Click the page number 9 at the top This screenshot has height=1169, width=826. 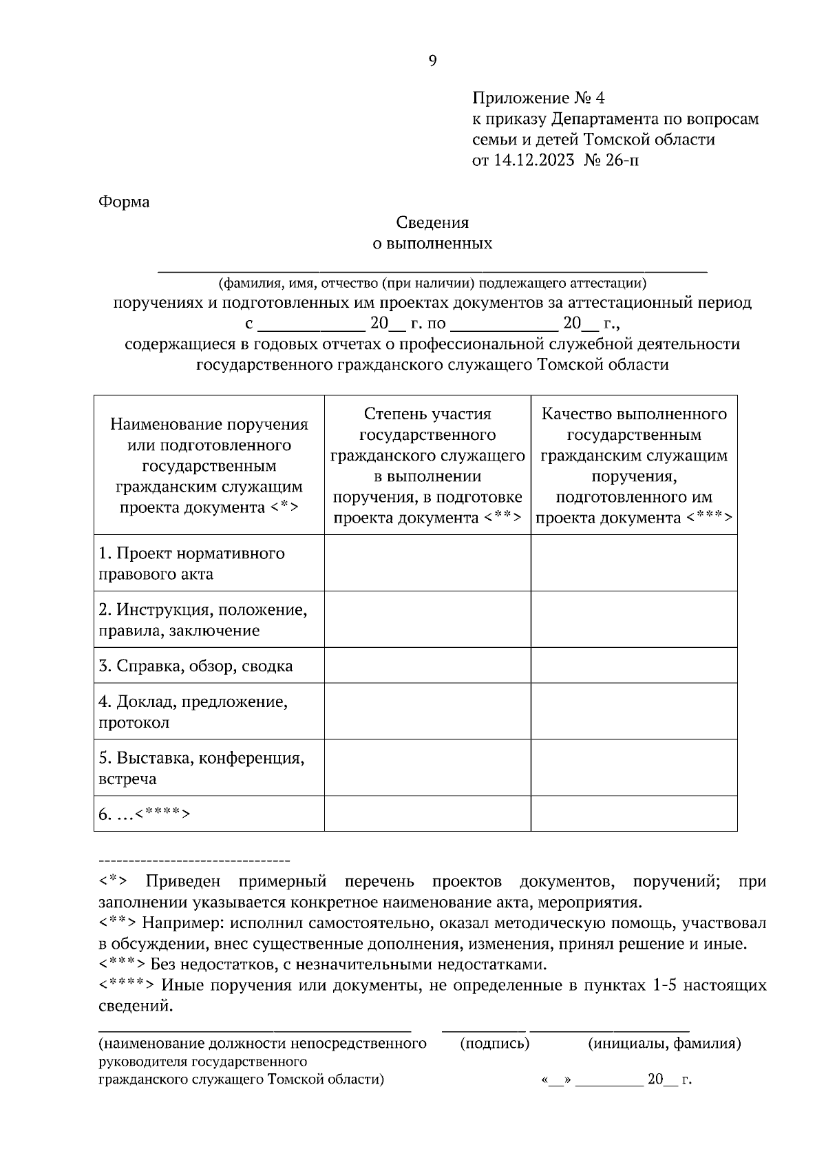(432, 61)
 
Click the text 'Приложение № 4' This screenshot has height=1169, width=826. (538, 98)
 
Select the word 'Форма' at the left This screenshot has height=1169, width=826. (124, 202)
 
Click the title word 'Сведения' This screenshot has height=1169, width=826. (432, 222)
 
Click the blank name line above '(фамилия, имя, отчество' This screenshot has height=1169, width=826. (432, 268)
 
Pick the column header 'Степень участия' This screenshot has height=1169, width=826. (427, 414)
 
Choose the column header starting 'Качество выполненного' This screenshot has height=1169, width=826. (634, 414)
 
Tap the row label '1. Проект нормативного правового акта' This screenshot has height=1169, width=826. (191, 563)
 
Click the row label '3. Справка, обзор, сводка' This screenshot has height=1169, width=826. (195, 666)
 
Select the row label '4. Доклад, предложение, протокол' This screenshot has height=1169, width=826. (193, 712)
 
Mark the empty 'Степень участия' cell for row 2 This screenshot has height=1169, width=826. (427, 620)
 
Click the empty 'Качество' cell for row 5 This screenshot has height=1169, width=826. (634, 768)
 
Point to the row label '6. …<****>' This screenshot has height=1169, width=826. (144, 814)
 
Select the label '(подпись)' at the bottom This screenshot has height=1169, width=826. (494, 1044)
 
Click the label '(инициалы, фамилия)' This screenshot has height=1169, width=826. (664, 1044)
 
